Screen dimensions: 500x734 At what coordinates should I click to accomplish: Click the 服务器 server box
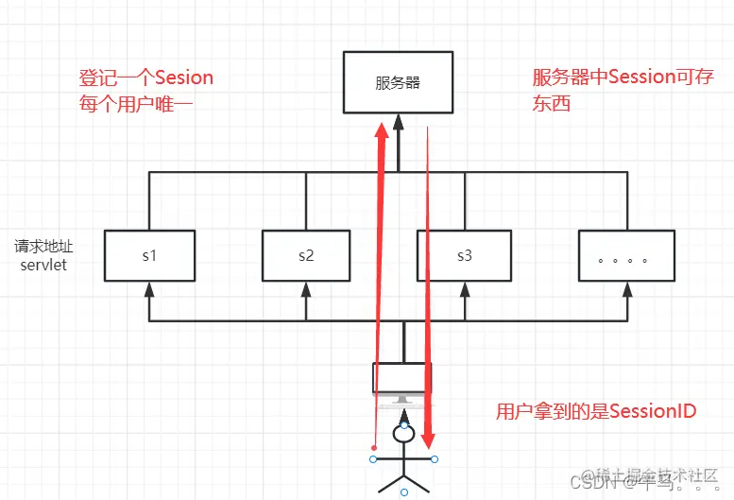point(398,81)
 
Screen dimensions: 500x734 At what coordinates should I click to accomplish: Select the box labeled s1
point(148,255)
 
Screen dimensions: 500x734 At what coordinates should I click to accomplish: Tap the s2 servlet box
point(306,255)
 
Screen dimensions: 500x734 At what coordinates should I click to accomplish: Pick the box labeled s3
point(464,255)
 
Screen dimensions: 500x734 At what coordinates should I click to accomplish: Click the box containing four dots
point(628,255)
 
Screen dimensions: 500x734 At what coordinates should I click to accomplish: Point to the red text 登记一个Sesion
point(146,78)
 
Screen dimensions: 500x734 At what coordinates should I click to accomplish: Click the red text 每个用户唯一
point(127,104)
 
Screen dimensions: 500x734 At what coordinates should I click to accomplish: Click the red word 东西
point(553,104)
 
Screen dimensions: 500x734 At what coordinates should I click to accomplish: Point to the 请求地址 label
point(43,247)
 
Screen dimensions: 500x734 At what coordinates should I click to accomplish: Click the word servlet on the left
point(43,266)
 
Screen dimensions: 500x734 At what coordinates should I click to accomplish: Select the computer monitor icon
point(402,382)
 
